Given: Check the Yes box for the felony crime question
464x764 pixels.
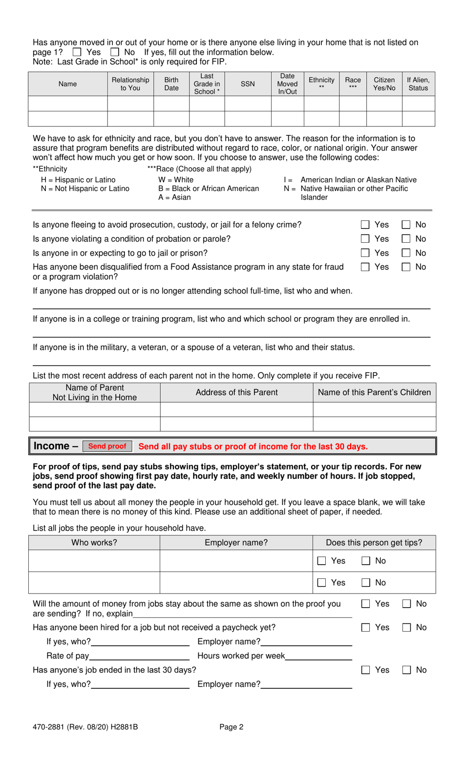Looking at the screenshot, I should [x=365, y=225].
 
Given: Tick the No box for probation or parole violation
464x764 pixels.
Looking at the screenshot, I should [x=406, y=239].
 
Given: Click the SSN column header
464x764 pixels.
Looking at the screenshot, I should [x=248, y=84].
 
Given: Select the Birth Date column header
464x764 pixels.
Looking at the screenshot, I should [x=171, y=84].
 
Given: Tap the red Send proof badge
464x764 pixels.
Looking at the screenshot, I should [x=107, y=446].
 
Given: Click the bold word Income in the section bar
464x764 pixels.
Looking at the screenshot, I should [x=51, y=446].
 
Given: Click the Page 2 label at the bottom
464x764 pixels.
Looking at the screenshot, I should [x=231, y=727].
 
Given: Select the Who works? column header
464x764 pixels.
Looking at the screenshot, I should [x=94, y=543].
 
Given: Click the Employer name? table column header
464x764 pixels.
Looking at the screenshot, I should [x=236, y=543].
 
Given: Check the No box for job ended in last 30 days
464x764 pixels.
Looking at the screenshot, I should [x=406, y=670].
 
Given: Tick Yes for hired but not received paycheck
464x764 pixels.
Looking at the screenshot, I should [x=365, y=628].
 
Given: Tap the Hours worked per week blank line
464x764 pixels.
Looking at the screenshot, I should [x=318, y=657].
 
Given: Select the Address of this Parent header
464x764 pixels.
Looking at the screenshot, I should [x=236, y=392].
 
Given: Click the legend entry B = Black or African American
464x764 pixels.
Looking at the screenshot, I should [x=209, y=189].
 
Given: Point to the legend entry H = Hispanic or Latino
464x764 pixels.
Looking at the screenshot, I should [x=78, y=180].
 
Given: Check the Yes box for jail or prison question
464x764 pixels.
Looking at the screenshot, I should [x=365, y=253].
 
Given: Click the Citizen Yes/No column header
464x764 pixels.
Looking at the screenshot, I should [x=384, y=84].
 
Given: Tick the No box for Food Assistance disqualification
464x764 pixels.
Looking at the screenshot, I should [x=406, y=267].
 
